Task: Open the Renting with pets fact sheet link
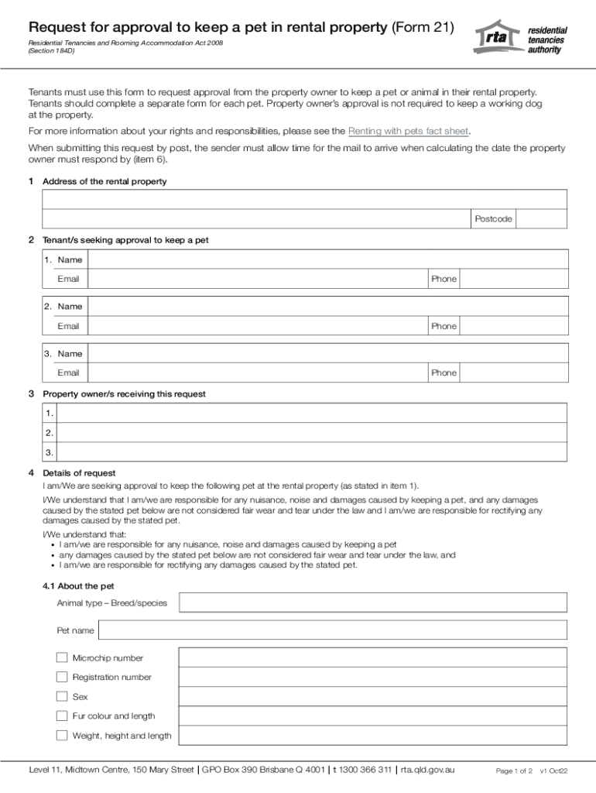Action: click(x=409, y=131)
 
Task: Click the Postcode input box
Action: click(x=542, y=219)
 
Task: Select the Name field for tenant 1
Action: click(x=328, y=259)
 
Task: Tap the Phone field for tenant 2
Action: click(x=513, y=326)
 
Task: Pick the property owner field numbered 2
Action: click(x=313, y=432)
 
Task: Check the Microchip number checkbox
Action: click(x=62, y=657)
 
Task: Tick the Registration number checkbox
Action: click(x=62, y=677)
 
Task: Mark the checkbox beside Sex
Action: click(x=62, y=696)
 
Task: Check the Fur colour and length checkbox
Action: click(x=62, y=716)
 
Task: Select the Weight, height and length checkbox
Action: click(x=62, y=735)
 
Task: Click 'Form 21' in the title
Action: click(x=423, y=28)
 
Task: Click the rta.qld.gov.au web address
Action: click(x=427, y=770)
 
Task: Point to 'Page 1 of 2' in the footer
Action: click(x=514, y=771)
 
